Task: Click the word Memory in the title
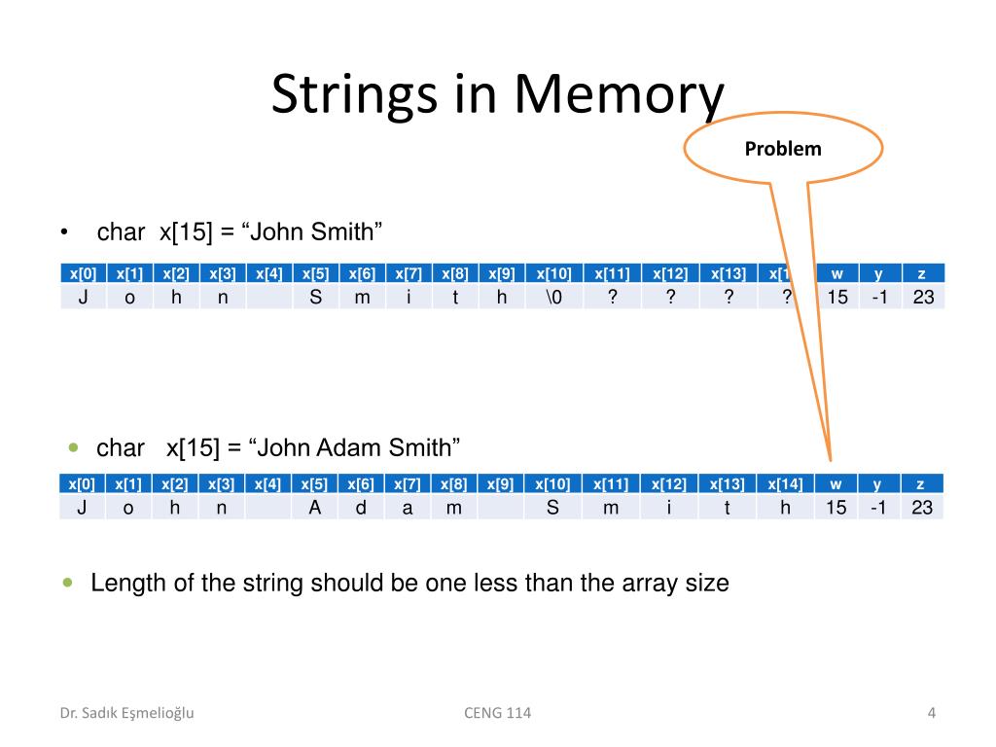pos(619,94)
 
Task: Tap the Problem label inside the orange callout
pos(783,149)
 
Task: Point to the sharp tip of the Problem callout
pos(830,459)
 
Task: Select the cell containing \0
pos(552,298)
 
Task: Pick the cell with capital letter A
pos(314,507)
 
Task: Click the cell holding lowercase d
pos(361,507)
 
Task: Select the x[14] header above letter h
pos(785,483)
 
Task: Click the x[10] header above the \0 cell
pos(552,273)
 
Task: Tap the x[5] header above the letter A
pos(314,483)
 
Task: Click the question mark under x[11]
pos(612,298)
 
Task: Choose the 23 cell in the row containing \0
pos(923,298)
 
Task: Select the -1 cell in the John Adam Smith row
pos(878,507)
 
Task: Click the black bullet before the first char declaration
pos(63,232)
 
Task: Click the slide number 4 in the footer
pos(931,713)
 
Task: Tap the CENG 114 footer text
pos(498,713)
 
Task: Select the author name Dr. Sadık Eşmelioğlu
pos(127,713)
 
